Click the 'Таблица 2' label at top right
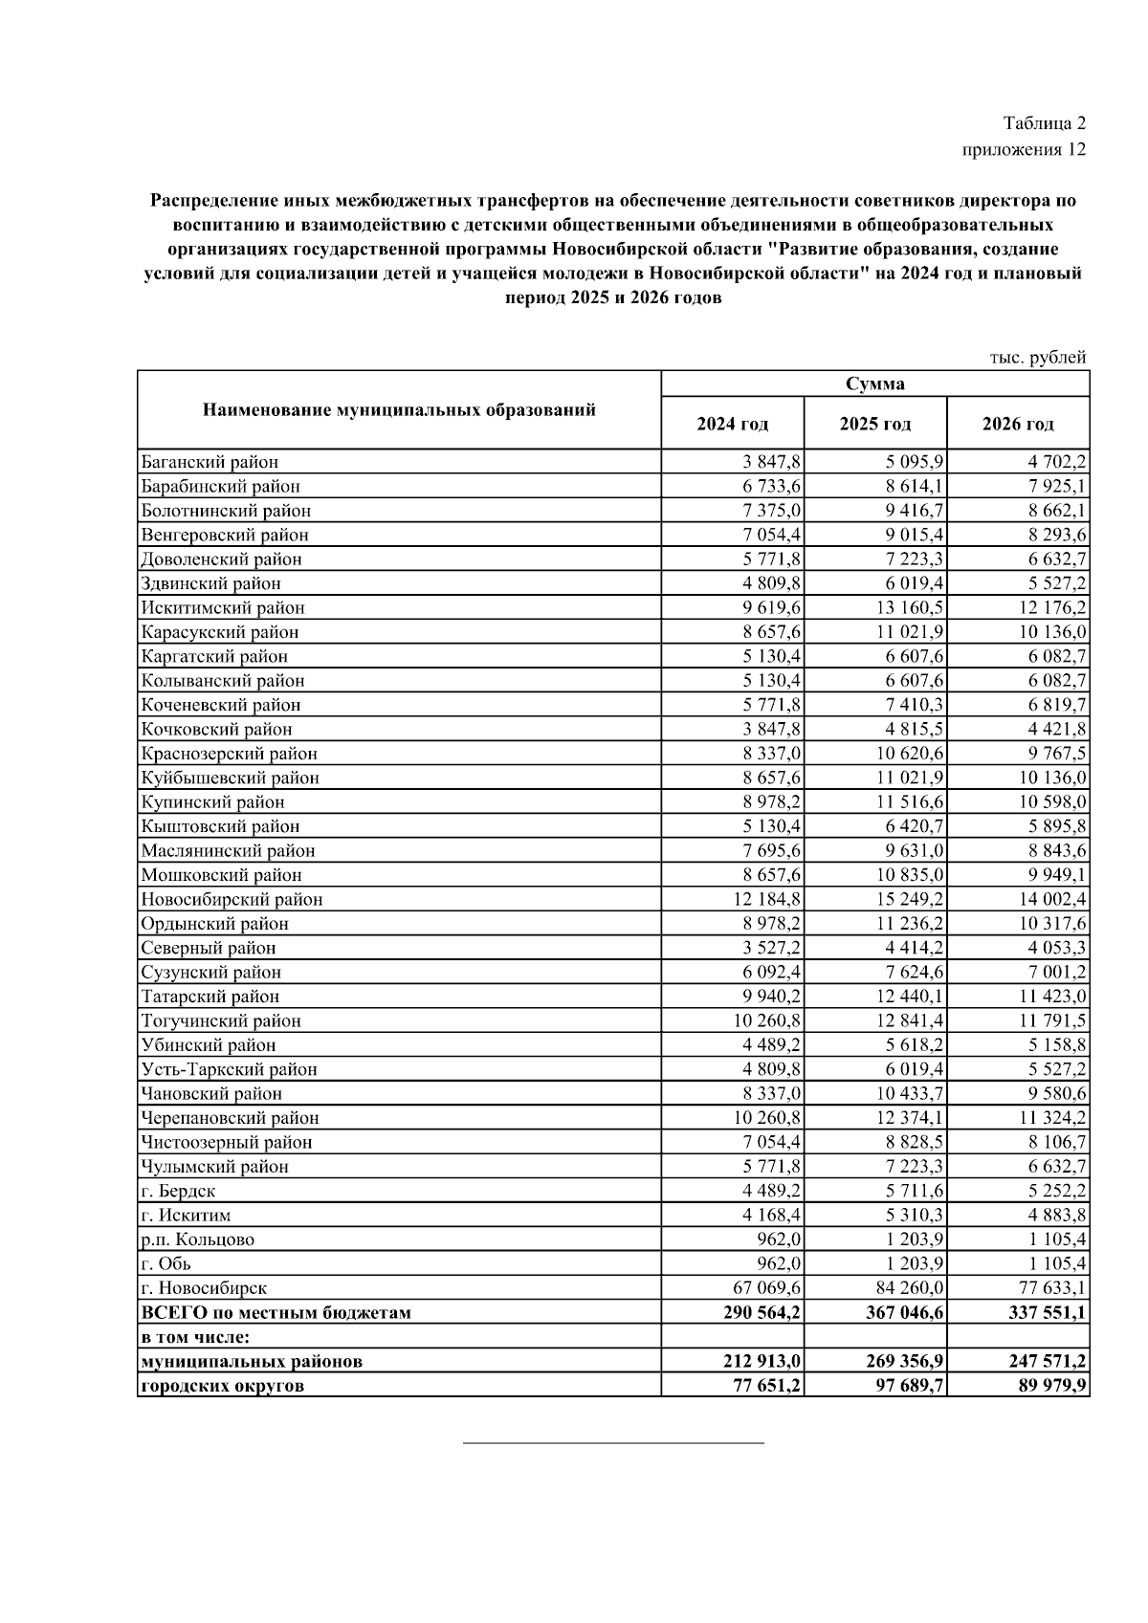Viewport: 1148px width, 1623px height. (1044, 123)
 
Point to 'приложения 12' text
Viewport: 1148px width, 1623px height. (1023, 150)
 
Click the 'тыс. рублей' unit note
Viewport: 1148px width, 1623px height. (1037, 358)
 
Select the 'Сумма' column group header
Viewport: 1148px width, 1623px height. (874, 384)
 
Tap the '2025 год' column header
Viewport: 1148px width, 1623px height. (874, 424)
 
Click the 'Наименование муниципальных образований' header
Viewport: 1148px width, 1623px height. (399, 410)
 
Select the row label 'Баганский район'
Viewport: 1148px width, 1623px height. (210, 462)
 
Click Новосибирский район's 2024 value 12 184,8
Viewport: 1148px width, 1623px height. (765, 900)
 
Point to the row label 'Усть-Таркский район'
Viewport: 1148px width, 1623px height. (229, 1069)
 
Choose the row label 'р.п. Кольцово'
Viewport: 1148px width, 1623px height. (197, 1239)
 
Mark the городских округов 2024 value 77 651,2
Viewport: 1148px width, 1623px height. (762, 1385)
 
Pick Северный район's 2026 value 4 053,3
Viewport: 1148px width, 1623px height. (1051, 948)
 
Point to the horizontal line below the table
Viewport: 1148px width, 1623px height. (613, 1441)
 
